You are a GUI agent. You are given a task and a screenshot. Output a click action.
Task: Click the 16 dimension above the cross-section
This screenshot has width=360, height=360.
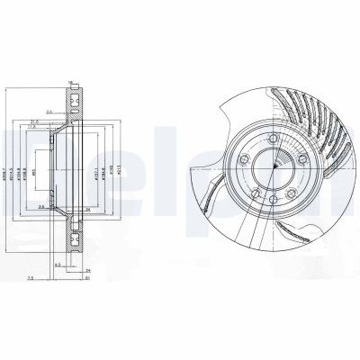[x=69, y=82]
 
